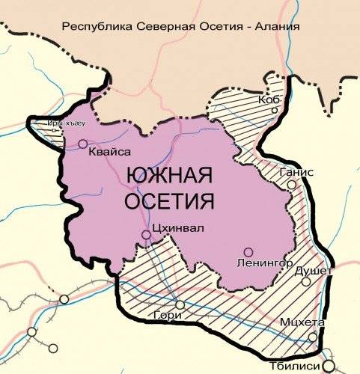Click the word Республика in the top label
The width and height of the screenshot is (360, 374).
tap(96, 26)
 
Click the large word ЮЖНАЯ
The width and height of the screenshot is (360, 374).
tap(170, 177)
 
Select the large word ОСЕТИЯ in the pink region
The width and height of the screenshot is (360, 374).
tap(170, 201)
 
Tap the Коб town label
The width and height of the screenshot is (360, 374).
tap(269, 99)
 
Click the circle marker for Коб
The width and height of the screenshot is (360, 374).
tap(275, 111)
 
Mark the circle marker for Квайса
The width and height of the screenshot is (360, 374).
tap(82, 144)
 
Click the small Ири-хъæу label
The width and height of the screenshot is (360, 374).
tap(61, 123)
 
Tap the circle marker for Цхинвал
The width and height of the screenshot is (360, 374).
tap(147, 235)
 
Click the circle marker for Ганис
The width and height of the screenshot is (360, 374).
tap(292, 183)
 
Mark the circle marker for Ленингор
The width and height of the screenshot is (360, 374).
tap(248, 252)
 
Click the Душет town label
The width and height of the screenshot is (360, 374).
tap(314, 270)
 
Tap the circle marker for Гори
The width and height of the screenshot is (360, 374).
tap(179, 303)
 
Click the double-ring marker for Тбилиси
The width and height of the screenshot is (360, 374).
tap(328, 366)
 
